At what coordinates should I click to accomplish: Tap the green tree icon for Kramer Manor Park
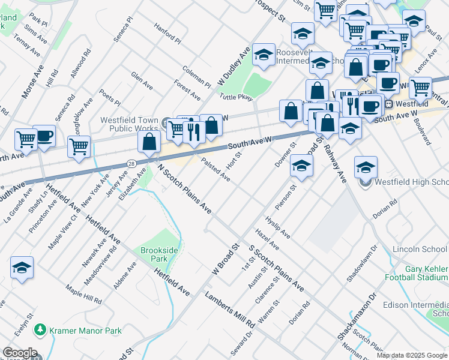pos(40,329)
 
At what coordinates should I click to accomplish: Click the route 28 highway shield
pos(131,163)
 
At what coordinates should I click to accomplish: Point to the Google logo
pos(19,353)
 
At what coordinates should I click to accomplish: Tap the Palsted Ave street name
pos(215,170)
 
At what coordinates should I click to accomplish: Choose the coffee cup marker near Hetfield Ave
pos(44,136)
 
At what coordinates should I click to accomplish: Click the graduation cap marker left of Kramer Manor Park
pos(22,268)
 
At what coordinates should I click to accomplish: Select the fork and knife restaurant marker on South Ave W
pos(193,131)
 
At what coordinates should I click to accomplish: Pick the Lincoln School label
pos(420,249)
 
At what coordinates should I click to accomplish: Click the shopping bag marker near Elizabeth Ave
pos(149,142)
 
